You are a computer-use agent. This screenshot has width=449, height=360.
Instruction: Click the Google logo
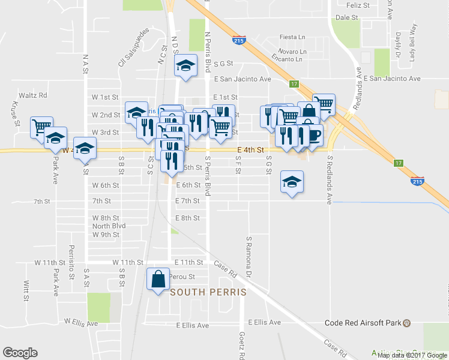(x=20, y=353)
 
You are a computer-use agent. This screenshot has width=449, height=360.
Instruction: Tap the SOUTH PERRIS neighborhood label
(x=208, y=292)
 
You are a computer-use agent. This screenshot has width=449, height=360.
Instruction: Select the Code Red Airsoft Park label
(x=363, y=323)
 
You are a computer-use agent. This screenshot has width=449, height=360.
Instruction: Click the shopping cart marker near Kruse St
(x=41, y=127)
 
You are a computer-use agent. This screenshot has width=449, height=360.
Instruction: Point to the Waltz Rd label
(x=35, y=95)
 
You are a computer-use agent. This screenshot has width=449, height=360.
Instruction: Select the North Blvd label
(x=109, y=226)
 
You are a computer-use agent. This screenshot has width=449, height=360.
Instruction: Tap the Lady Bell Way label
(x=413, y=43)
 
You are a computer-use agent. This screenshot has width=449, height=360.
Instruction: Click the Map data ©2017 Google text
(x=412, y=355)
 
